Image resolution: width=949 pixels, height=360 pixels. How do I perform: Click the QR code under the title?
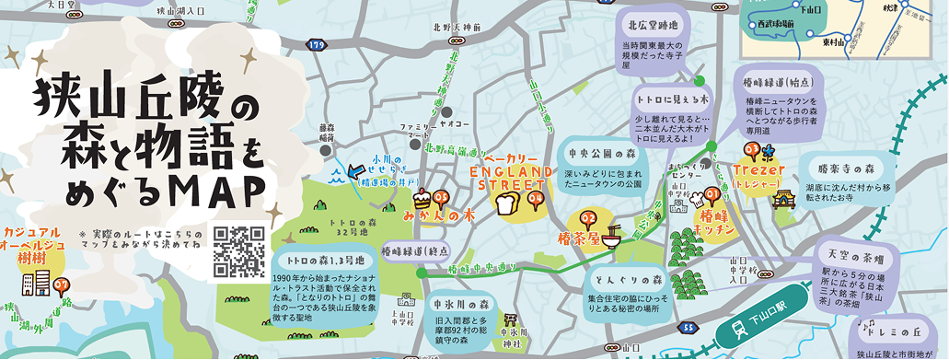point(239,251)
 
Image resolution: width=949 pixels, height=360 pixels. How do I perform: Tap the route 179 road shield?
point(317,43)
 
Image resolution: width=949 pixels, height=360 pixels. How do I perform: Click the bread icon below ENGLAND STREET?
point(504,204)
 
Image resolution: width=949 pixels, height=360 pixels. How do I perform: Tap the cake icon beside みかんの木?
point(422,198)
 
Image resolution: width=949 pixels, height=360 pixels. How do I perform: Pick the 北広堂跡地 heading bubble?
point(654,26)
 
